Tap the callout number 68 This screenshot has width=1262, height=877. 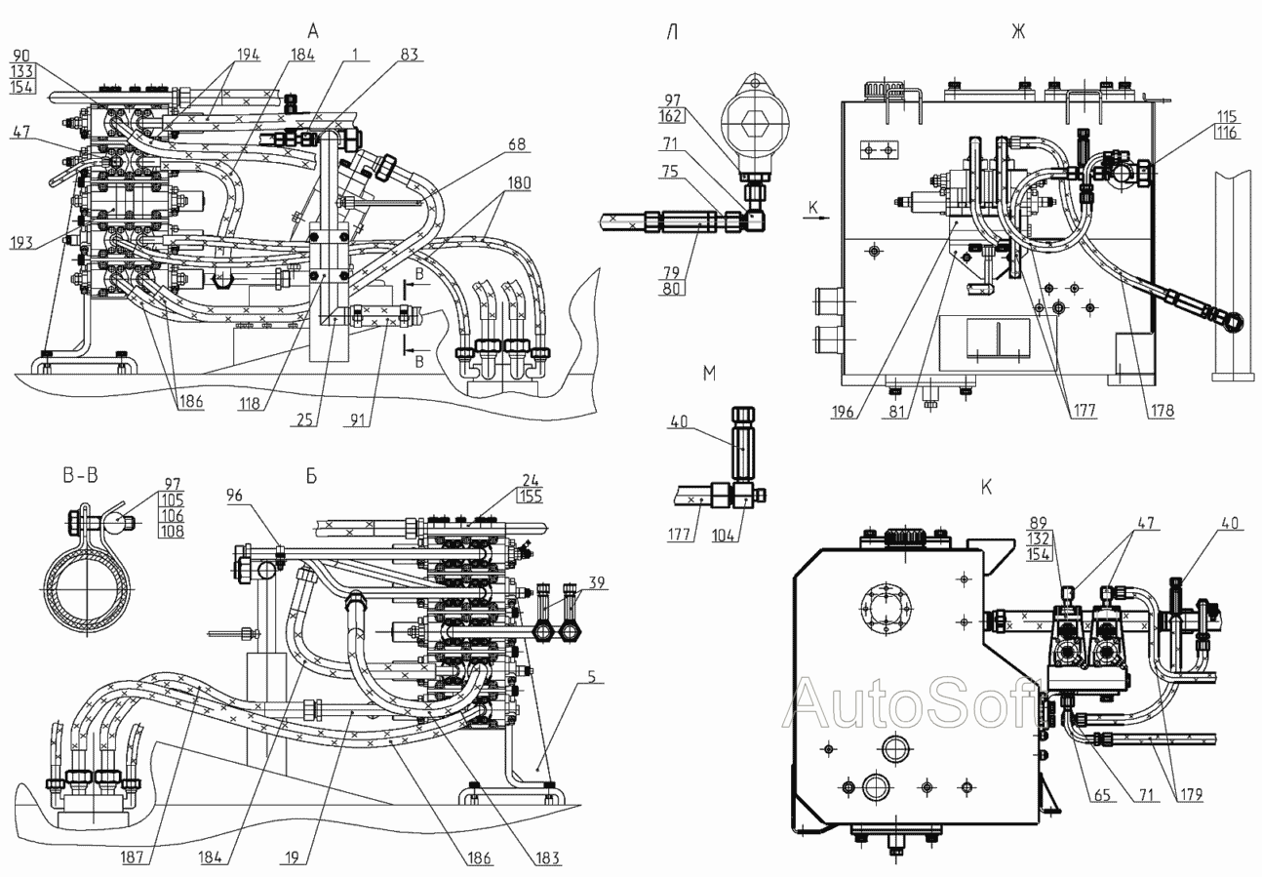(x=516, y=143)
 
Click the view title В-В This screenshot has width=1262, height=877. (x=80, y=476)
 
